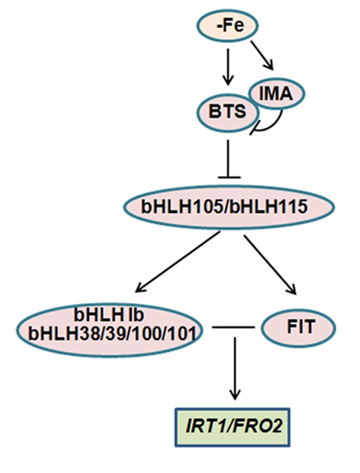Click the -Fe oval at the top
point(228,25)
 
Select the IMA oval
point(276,94)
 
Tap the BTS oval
point(228,112)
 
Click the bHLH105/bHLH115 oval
point(229,207)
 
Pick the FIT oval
point(298,328)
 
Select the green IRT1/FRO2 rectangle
point(233,427)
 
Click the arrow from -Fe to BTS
point(228,67)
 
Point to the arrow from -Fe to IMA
point(262,55)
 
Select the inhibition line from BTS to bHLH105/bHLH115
point(228,159)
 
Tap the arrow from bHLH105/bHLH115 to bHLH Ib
point(177,262)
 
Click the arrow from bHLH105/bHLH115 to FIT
point(270,264)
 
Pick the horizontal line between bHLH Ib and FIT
point(233,327)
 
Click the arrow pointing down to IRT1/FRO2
point(235,369)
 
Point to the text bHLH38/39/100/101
point(111,333)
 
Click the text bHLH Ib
point(109,315)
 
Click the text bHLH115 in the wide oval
point(269,207)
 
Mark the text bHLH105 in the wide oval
point(183,207)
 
